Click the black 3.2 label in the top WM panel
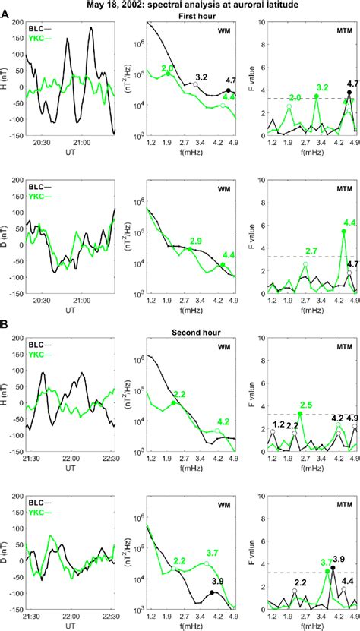tap(201, 77)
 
